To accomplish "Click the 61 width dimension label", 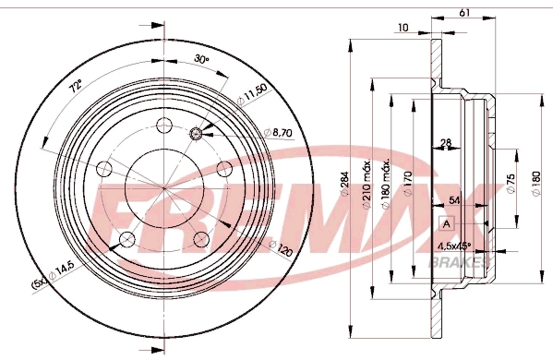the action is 464,12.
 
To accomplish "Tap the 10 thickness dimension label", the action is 403,27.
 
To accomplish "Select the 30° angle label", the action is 202,59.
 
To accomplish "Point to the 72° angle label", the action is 77,86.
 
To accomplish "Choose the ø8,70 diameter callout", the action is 279,133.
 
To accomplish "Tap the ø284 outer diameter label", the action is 343,184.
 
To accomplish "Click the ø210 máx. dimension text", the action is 367,184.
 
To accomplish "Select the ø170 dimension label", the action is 408,184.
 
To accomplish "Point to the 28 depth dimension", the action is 446,142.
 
